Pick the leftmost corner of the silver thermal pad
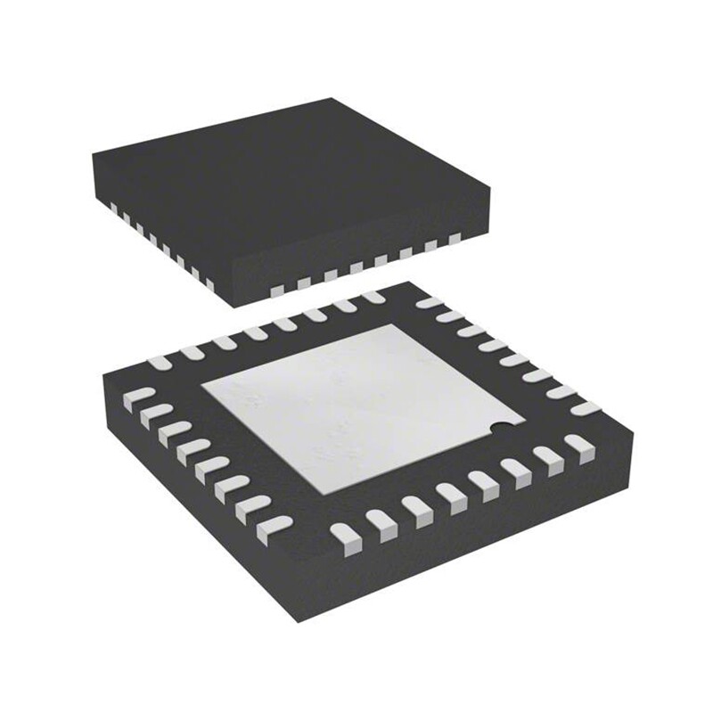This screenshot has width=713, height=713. [202, 389]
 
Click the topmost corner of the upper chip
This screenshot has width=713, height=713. [332, 99]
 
